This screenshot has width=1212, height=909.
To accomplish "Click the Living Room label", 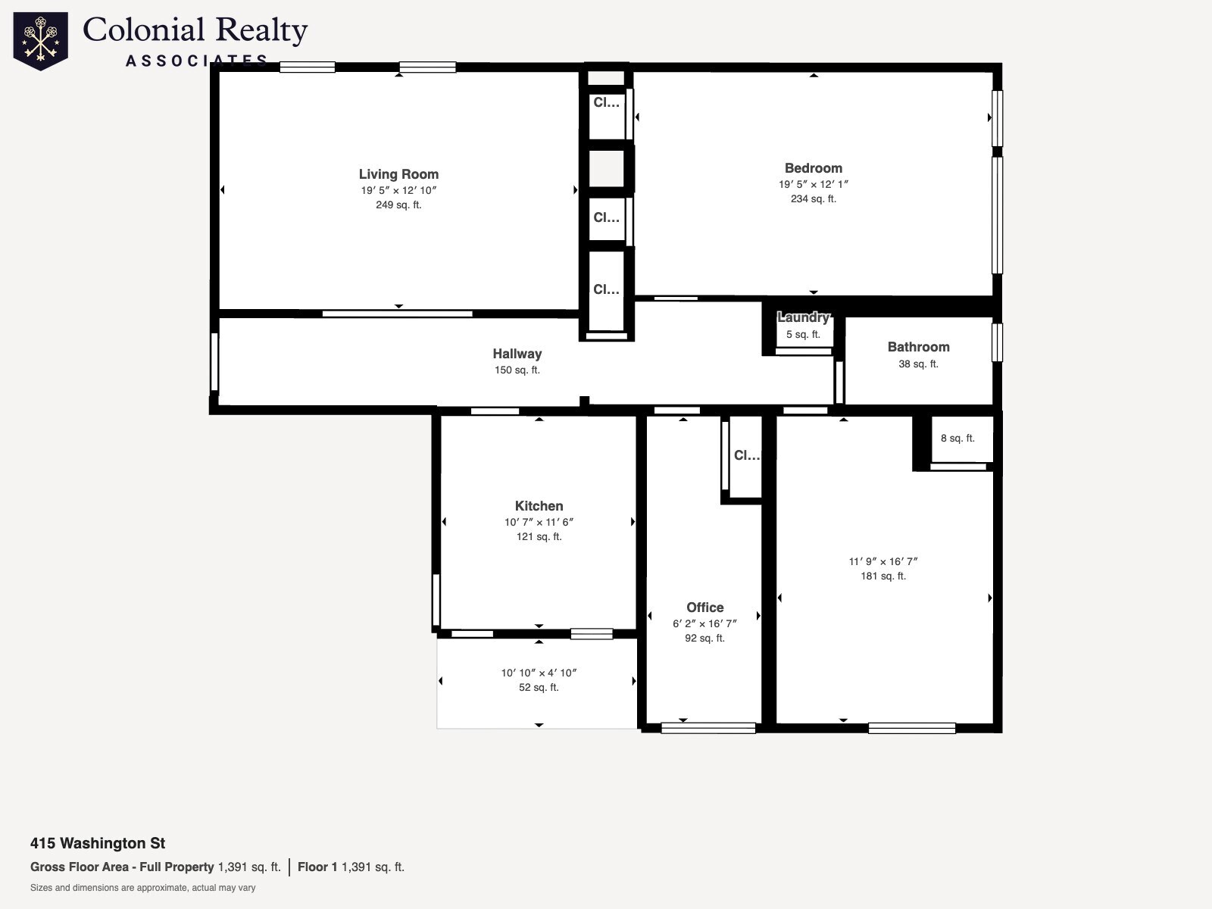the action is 398,174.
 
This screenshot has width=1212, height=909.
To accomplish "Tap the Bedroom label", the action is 814,168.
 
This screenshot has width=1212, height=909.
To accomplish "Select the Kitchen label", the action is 539,506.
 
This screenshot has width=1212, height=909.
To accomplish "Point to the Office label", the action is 705,608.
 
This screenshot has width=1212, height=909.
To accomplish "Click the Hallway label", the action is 517,354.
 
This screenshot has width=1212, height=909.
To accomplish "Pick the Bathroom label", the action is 919,347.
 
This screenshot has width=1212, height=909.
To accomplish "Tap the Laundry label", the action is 804,317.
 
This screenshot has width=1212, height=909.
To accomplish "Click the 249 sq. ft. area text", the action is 398,205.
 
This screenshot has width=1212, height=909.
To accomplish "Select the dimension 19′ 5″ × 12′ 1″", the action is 814,184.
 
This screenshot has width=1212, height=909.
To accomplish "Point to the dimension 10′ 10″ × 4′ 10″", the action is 539,673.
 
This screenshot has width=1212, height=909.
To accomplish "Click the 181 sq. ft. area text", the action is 883,576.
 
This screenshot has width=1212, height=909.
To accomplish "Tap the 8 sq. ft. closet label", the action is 958,439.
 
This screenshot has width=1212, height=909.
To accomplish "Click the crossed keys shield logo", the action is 41,41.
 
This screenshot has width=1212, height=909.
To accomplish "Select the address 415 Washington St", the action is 98,843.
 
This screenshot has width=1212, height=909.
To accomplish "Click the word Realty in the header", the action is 261,30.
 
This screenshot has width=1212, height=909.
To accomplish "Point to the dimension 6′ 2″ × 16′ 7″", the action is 705,623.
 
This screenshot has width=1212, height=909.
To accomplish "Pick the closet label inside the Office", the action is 747,455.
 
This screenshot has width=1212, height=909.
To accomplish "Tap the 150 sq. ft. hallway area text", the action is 517,370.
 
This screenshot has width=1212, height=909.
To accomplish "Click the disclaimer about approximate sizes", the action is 142,888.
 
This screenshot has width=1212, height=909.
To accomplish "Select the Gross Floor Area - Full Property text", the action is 122,867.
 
